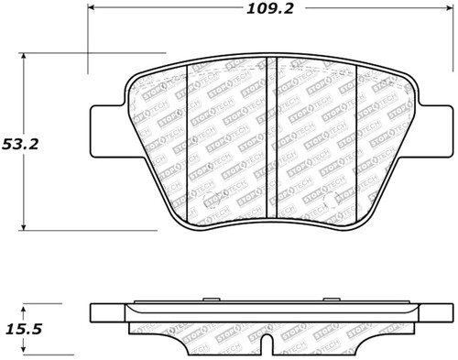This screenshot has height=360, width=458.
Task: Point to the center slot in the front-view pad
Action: click(x=270, y=142)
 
